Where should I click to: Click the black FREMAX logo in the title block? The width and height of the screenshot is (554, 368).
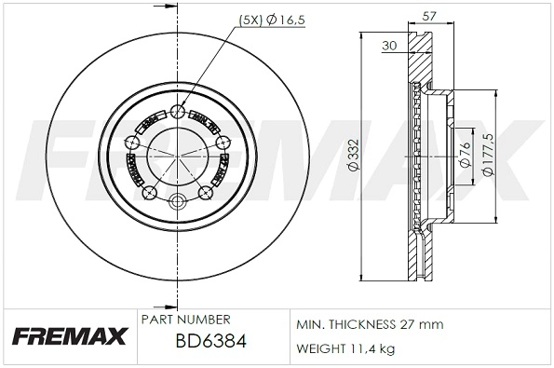pyautogui.click(x=68, y=337)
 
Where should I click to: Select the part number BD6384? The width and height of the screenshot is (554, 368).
pyautogui.click(x=210, y=343)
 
